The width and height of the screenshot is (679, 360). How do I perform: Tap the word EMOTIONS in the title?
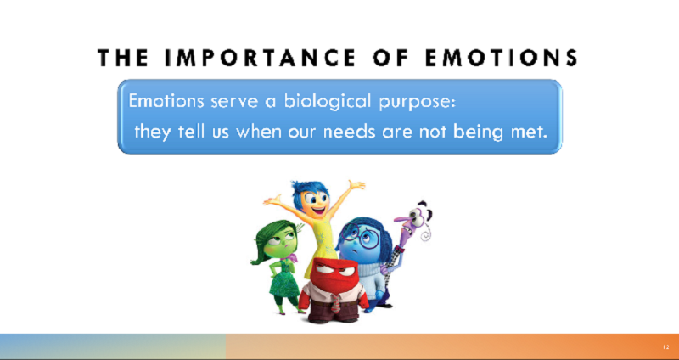pyautogui.click(x=501, y=58)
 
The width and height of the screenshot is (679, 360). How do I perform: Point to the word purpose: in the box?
pyautogui.click(x=416, y=102)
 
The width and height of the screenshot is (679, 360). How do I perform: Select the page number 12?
pyautogui.click(x=665, y=347)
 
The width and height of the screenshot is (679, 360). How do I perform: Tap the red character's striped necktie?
pyautogui.click(x=335, y=303)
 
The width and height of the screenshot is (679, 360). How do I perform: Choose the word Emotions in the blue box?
pyautogui.click(x=166, y=101)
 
